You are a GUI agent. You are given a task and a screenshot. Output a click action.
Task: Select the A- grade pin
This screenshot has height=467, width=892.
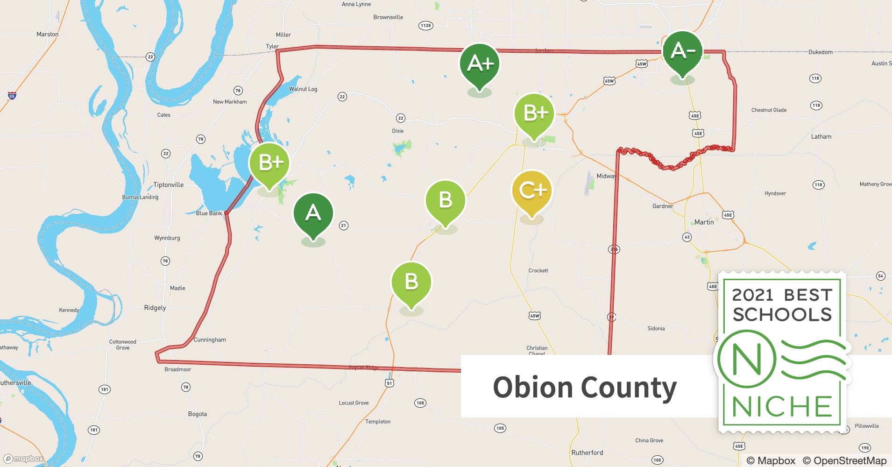(682, 51)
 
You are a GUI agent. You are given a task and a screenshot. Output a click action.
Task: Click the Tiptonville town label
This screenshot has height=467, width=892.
(168, 185)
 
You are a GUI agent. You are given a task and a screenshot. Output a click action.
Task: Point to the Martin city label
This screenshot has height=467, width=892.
(704, 222)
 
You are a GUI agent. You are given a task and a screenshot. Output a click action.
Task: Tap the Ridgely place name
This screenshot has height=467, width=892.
(155, 308)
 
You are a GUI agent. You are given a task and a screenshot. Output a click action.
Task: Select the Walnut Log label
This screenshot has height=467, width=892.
(303, 89)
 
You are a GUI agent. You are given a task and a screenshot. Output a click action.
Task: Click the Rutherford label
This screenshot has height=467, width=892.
(587, 453)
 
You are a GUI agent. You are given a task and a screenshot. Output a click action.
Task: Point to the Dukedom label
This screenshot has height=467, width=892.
(821, 52)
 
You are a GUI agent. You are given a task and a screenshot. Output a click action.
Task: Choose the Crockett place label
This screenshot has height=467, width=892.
(538, 271)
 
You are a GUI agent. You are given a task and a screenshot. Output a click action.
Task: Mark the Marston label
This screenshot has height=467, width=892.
(47, 34)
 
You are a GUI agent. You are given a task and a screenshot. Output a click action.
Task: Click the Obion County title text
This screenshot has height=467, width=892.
(584, 387)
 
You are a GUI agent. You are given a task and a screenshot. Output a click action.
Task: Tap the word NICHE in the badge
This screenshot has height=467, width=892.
(782, 407)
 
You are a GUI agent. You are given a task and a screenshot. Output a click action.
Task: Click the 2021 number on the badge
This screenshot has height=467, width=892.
(752, 295)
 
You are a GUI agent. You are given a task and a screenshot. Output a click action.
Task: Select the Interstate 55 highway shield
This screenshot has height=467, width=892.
(12, 96)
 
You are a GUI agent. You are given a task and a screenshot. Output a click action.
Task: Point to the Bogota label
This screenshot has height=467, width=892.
(197, 414)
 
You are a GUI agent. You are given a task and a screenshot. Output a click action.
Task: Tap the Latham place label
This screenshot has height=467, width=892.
(821, 137)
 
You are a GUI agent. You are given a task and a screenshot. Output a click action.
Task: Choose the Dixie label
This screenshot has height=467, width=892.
(397, 131)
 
